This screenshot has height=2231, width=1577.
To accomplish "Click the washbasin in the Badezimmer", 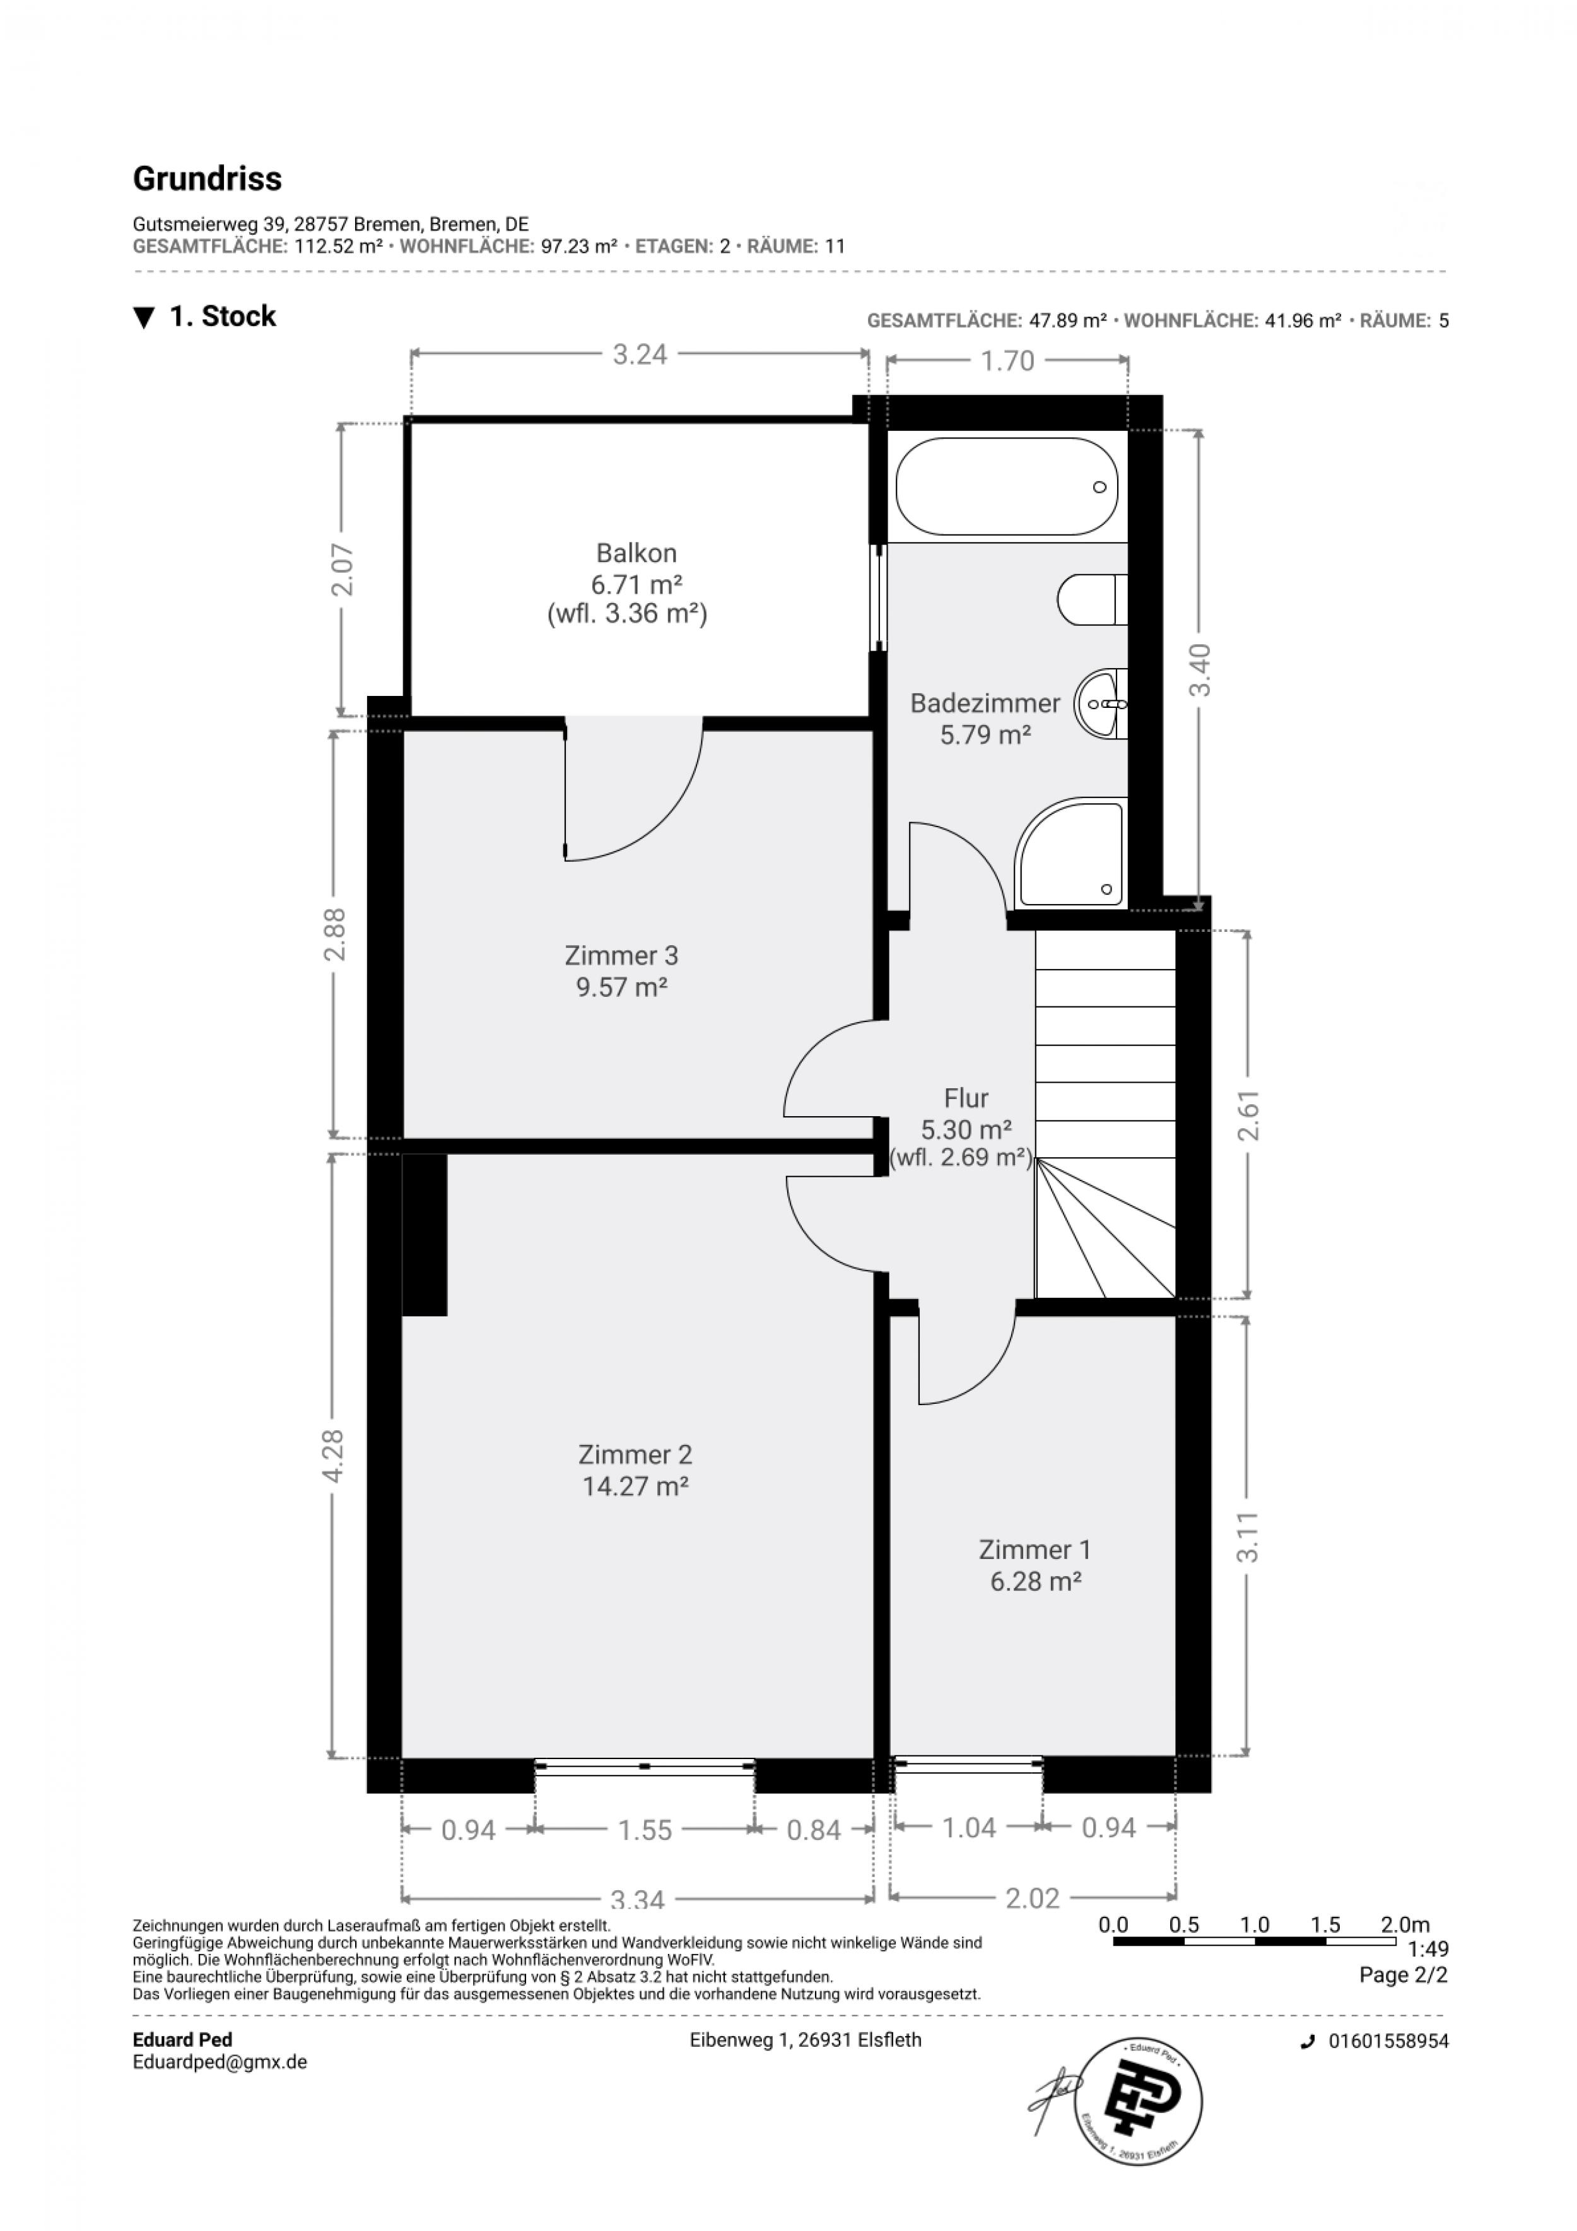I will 1101,702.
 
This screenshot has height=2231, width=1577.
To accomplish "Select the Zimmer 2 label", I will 635,1454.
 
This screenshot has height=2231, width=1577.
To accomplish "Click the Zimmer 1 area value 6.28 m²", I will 1036,1581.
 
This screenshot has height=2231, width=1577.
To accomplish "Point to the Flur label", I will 966,1098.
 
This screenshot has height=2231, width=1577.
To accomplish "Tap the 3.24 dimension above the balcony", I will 640,355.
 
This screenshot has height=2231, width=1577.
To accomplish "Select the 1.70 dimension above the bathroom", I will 1007,362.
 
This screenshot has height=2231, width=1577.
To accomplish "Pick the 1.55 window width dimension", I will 645,1830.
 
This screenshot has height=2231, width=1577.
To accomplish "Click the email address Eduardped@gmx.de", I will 220,2062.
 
